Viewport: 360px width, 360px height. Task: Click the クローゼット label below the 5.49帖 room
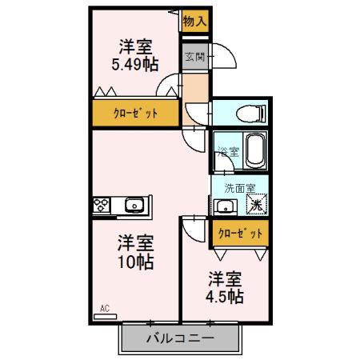pyautogui.click(x=134, y=113)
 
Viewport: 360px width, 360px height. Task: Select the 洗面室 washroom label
pyautogui.click(x=239, y=189)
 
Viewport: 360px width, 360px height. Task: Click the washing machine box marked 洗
pyautogui.click(x=255, y=205)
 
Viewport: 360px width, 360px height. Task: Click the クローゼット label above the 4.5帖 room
pyautogui.click(x=239, y=233)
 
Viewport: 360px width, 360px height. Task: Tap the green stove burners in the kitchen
pyautogui.click(x=103, y=206)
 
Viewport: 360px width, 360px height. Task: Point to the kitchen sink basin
pyautogui.click(x=134, y=206)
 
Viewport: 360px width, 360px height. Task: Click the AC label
pyautogui.click(x=104, y=307)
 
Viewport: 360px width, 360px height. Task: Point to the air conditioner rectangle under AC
pyautogui.click(x=104, y=317)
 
